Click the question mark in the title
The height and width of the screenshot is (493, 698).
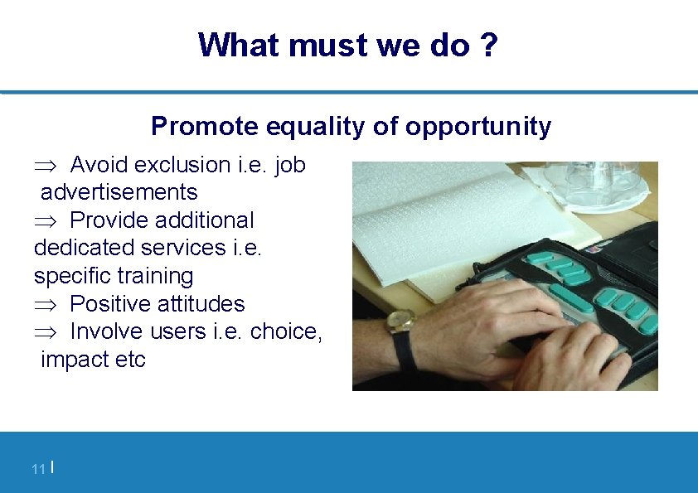click(489, 45)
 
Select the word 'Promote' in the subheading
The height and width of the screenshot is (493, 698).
click(205, 126)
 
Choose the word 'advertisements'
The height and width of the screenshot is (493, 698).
click(119, 192)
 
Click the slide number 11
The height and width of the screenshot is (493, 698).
click(37, 470)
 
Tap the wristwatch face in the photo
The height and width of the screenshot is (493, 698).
click(401, 321)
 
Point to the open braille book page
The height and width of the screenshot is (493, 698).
click(448, 215)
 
